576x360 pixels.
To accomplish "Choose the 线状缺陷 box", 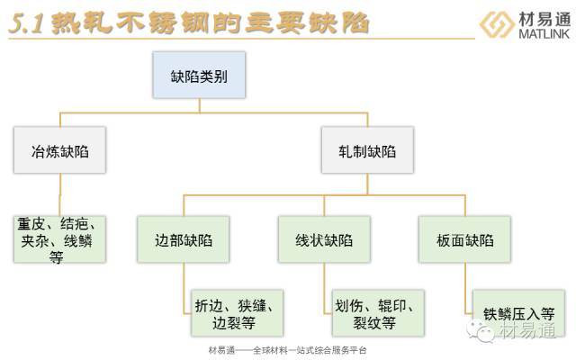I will tap(324, 240).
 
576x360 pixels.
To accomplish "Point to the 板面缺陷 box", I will tap(463, 240).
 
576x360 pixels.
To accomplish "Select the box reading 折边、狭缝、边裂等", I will tap(236, 312).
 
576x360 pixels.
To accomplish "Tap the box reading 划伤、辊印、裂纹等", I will tap(374, 312).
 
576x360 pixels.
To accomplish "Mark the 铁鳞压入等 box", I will tap(517, 313).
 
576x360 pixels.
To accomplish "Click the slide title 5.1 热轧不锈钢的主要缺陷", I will tap(189, 23).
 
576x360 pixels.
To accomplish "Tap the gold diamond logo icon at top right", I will tap(498, 24).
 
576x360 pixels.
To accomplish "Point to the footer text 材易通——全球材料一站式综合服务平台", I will tap(288, 350).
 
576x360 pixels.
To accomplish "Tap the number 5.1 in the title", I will tap(27, 24).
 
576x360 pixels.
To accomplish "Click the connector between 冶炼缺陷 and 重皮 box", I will tap(60, 193).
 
